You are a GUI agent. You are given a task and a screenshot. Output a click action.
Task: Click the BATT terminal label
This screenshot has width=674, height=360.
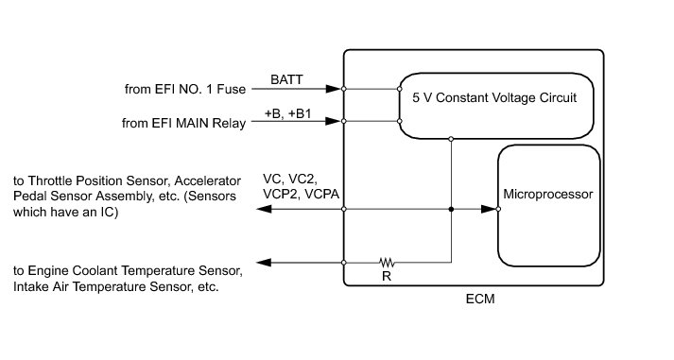[286, 79]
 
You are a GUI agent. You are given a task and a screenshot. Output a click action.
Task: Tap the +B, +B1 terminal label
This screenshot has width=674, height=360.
[287, 113]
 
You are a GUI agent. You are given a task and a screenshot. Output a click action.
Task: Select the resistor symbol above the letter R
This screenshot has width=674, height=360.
[387, 262]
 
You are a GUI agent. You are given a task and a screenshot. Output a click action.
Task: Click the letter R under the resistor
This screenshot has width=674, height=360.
[387, 276]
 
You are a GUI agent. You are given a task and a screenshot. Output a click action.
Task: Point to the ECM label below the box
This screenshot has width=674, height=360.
[480, 299]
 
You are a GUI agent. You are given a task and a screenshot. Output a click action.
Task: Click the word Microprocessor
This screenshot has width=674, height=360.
[548, 195]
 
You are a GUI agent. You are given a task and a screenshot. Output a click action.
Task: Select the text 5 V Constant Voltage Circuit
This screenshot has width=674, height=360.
[494, 97]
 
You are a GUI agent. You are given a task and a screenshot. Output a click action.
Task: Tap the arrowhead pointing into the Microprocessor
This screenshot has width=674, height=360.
[489, 209]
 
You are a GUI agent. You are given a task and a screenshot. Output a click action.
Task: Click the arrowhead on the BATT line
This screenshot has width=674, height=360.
[334, 89]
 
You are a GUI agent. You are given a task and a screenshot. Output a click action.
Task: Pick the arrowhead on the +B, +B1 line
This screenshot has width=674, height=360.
[333, 121]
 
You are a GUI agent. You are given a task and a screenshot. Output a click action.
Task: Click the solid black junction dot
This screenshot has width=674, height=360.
[451, 209]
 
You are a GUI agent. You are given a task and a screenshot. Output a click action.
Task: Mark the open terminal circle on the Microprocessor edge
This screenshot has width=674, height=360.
[498, 209]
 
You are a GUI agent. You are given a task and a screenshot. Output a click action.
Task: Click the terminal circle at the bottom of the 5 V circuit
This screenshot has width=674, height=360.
[451, 139]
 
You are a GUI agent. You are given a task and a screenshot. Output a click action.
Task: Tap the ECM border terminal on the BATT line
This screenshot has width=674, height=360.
[344, 89]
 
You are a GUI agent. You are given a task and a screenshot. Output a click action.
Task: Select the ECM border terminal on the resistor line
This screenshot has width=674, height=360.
[344, 263]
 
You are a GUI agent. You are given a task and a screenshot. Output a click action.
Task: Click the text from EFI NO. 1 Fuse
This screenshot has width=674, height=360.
[185, 89]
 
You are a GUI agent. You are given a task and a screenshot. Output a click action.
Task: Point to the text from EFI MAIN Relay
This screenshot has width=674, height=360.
[183, 123]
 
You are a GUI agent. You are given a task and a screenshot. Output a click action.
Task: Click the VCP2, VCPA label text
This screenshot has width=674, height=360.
[301, 195]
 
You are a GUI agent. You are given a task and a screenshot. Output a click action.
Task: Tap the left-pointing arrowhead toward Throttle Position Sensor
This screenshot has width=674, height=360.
[264, 209]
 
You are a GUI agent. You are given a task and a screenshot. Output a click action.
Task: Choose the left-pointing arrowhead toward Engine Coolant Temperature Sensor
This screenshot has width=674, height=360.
[264, 263]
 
